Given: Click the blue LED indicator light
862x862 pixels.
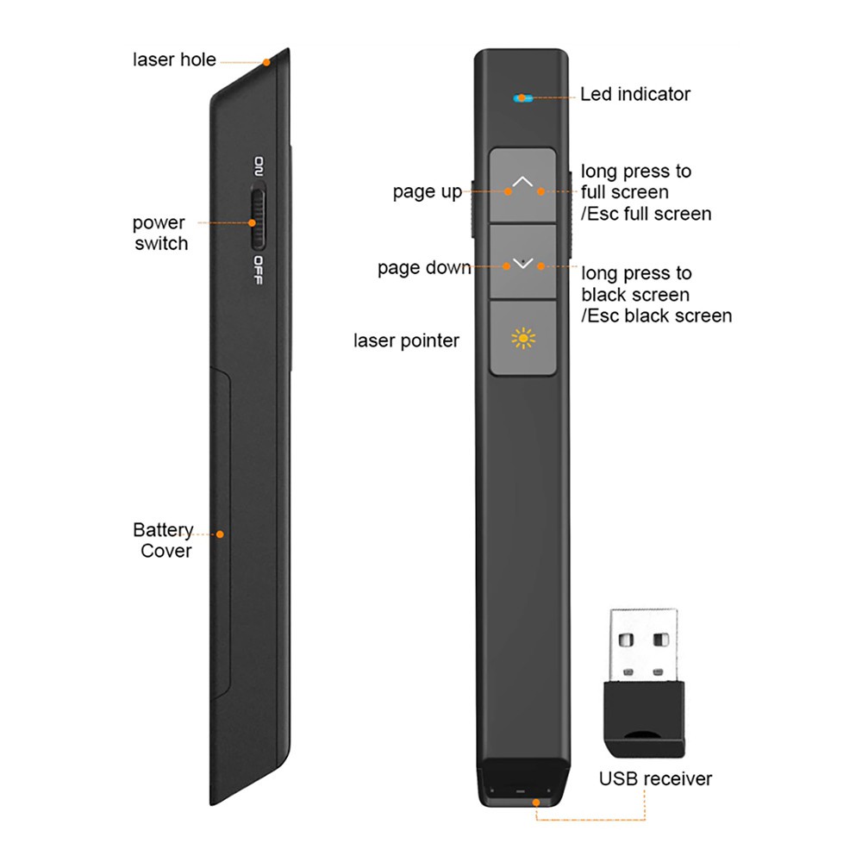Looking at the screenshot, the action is coord(523,98).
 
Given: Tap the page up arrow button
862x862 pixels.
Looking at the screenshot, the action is coord(522,184).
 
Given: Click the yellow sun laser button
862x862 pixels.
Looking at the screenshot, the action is coord(522,338).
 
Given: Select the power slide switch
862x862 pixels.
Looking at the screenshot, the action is coord(257,217).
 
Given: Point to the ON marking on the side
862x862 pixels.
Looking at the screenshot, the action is coord(259,166).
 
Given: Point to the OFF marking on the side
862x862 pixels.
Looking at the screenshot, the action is coord(258,270).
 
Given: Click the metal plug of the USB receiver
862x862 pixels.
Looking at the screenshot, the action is coord(643,646).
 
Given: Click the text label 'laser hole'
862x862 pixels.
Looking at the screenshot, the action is coord(174,59).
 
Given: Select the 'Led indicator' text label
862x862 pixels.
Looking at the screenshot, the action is coord(635,94).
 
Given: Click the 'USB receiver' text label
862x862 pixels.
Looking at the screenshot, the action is coord(655,778).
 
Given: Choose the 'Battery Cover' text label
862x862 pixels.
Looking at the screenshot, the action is coord(163,540).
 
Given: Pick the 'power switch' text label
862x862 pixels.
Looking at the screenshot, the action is coord(160,233).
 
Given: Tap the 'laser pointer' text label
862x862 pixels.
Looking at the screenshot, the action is coord(406,340).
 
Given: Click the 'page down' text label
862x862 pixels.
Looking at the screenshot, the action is coord(424,268).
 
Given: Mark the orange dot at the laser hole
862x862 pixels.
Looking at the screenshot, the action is coord(266,62).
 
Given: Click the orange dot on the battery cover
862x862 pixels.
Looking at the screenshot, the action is coord(220,534).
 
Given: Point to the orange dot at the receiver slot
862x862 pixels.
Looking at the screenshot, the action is coord(536,803).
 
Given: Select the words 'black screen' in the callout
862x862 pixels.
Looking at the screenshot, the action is coord(635,295).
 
